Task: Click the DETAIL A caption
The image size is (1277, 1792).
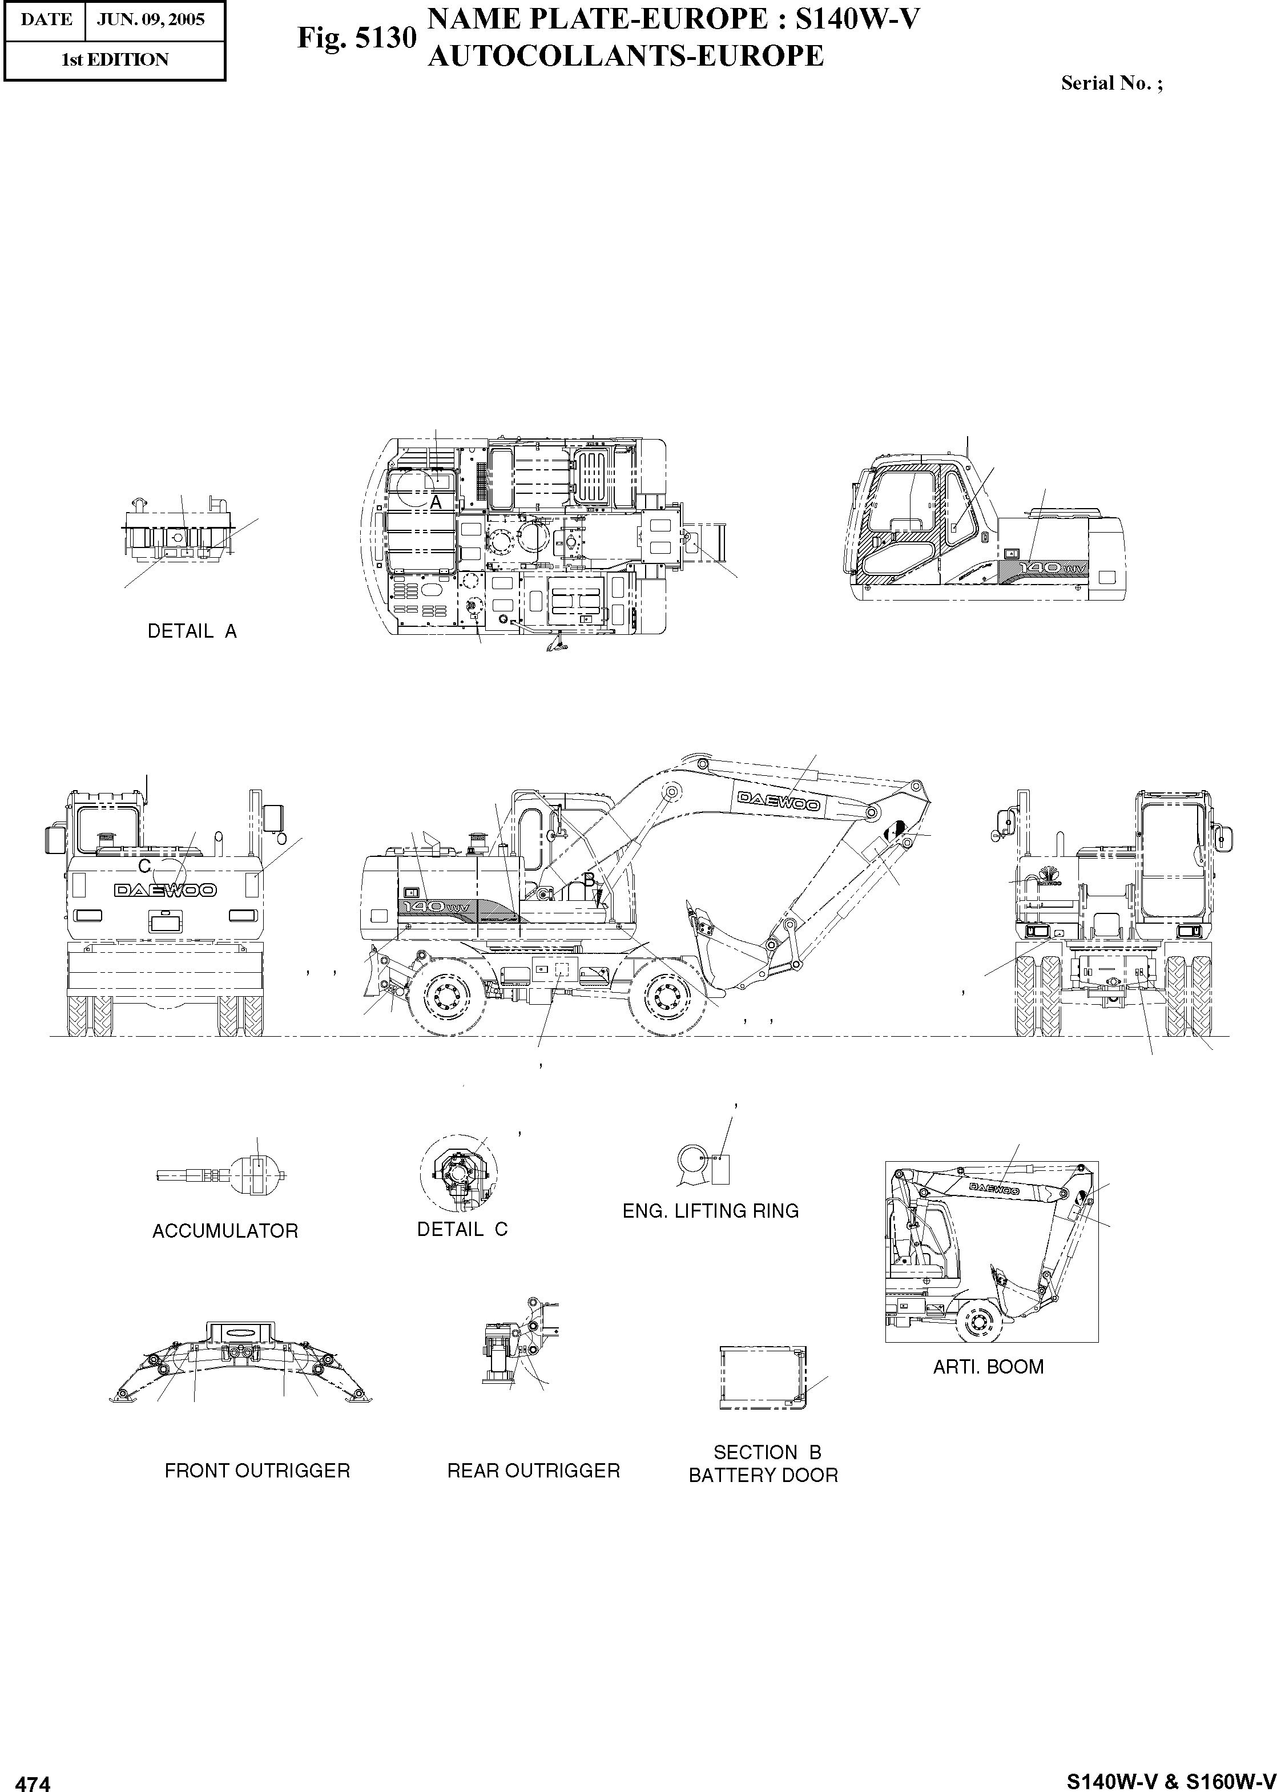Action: point(192,631)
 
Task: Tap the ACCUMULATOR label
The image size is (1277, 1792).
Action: point(225,1231)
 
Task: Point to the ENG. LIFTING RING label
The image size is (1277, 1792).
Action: point(710,1211)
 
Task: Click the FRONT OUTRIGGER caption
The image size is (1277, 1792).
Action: point(257,1471)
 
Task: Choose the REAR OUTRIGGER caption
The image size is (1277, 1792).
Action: point(533,1471)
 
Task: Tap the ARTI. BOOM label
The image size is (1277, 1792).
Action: point(988,1367)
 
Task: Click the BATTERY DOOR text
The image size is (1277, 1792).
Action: point(763,1475)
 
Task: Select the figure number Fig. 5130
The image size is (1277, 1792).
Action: point(356,37)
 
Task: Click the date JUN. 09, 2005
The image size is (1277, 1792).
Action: point(150,19)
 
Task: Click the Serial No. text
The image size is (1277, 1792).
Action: point(1111,83)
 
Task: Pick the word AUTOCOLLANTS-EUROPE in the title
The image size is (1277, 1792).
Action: point(625,56)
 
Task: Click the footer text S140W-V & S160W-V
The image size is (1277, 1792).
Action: point(1170,1779)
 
